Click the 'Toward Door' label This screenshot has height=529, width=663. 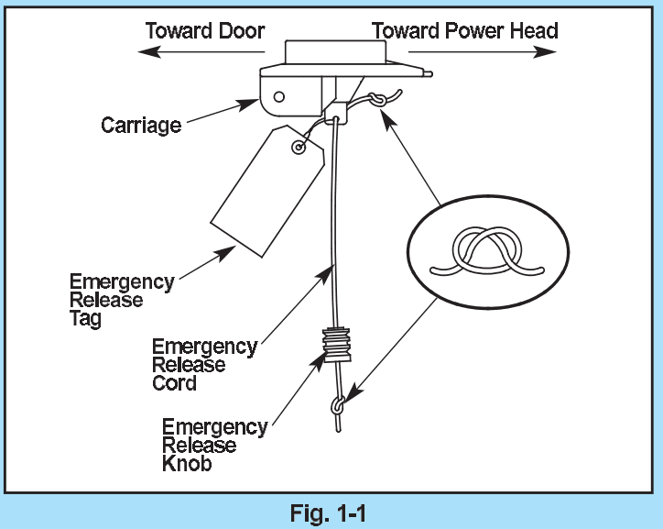click(205, 30)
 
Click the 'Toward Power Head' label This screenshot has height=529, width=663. click(465, 30)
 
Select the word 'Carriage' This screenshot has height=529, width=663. click(141, 125)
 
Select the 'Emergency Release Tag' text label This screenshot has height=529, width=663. click(121, 301)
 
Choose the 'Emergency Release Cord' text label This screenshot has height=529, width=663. click(203, 365)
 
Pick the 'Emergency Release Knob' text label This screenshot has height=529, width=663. click(213, 446)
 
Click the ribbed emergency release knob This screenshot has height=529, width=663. click(338, 347)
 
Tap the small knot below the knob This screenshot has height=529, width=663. click(339, 404)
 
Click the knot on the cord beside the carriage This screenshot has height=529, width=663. click(378, 100)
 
